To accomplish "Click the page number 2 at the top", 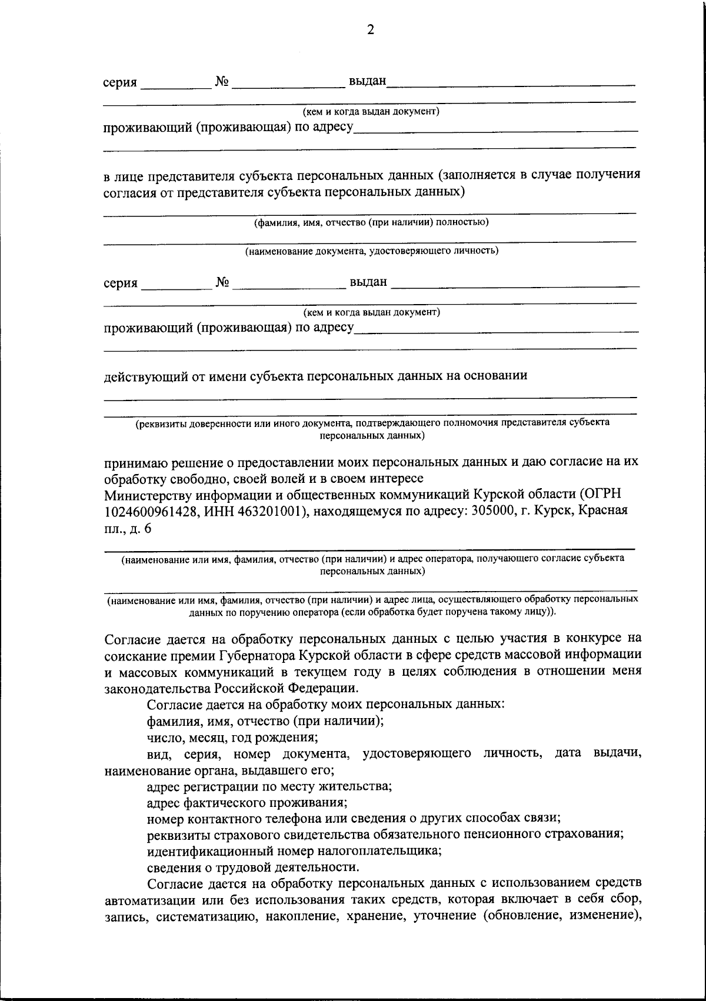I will click(x=370, y=31).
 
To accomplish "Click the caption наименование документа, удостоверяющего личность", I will click(x=372, y=251).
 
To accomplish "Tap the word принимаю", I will click(x=129, y=462).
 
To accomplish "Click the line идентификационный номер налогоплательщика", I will click(x=294, y=850).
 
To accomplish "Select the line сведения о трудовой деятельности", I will click(x=252, y=867).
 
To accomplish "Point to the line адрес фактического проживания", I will click(x=247, y=802).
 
